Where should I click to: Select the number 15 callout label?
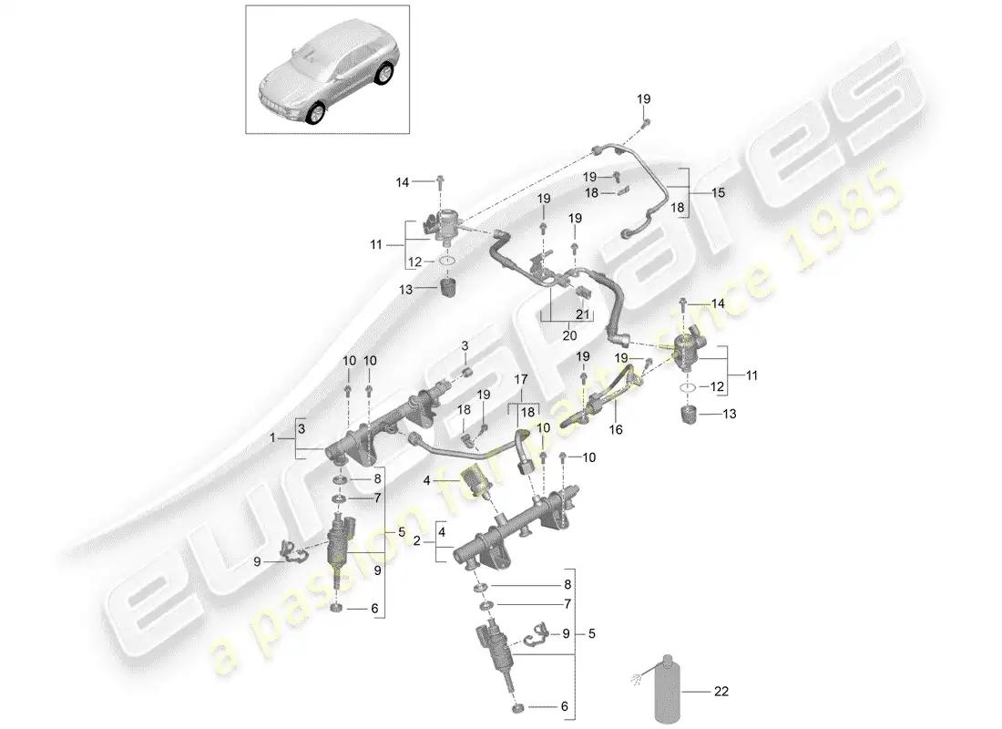coord(719,193)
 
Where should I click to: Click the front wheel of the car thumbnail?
coord(316,113)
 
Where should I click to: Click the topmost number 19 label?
coord(644,98)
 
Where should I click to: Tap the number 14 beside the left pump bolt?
coord(404,182)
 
